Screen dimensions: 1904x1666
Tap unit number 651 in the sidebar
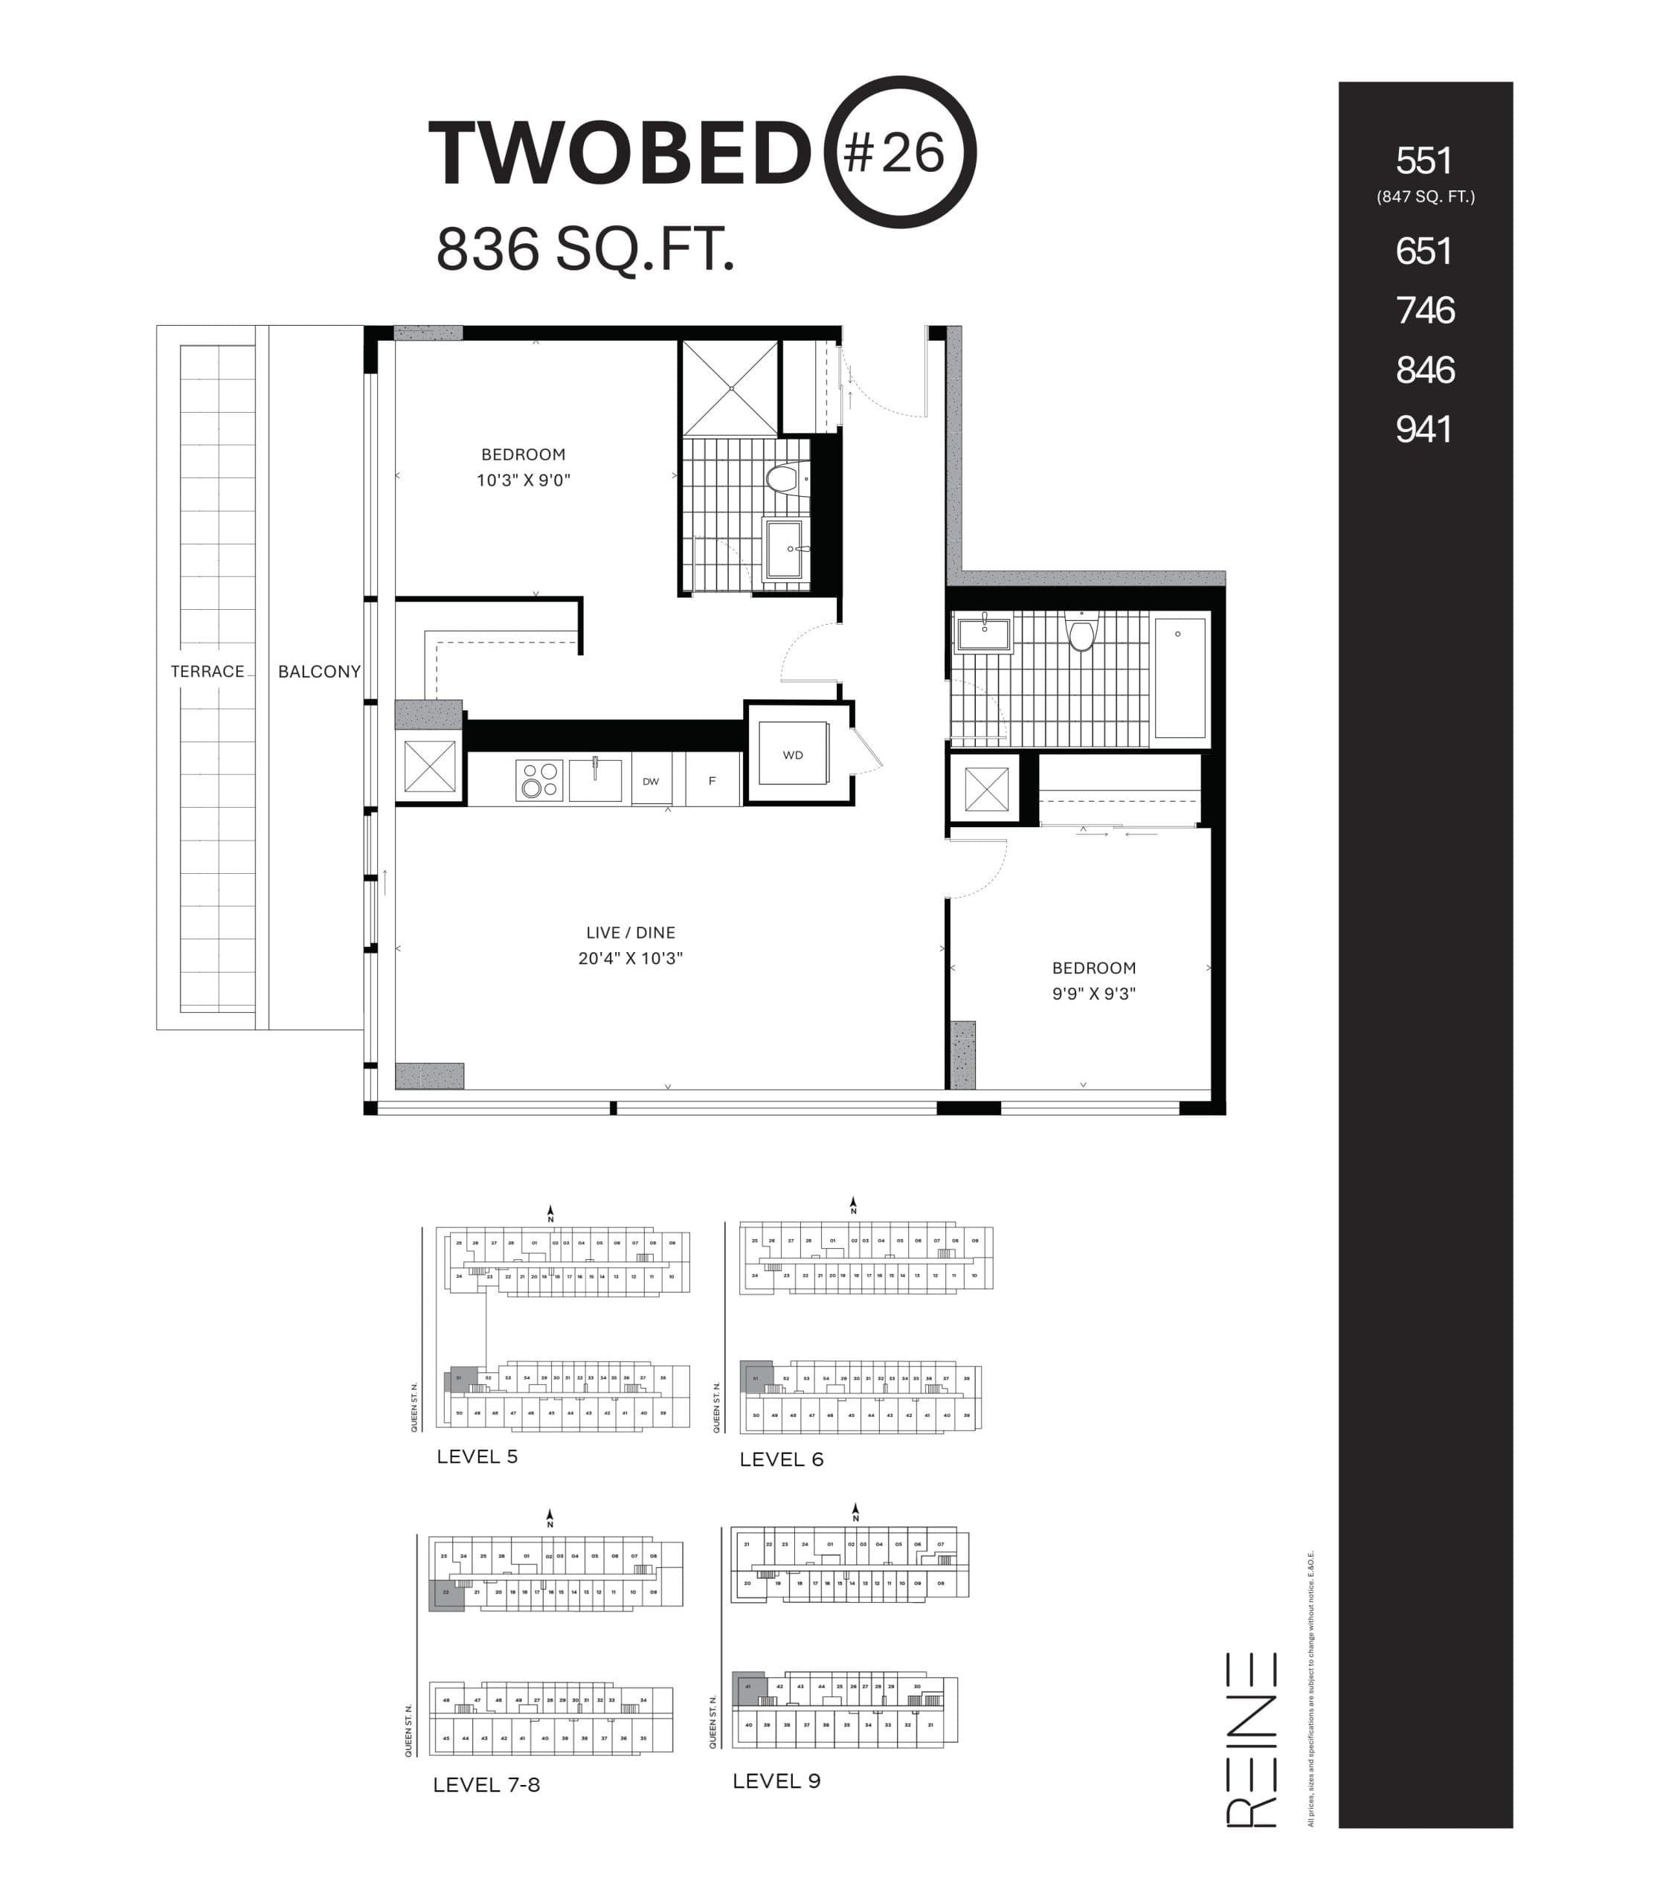pos(1424,251)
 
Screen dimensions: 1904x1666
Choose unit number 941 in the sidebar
pos(1424,430)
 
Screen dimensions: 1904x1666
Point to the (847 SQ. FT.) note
pos(1425,197)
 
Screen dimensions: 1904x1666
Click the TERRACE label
pos(208,671)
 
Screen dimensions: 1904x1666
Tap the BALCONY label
pos(319,671)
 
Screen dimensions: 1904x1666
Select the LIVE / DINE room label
pos(631,933)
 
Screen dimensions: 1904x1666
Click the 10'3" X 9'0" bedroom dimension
pos(524,480)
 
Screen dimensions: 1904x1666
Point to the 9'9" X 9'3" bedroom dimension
pos(1093,994)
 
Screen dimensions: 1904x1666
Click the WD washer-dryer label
pos(793,755)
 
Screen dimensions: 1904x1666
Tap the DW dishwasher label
pos(651,782)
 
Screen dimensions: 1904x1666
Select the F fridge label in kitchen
pos(713,781)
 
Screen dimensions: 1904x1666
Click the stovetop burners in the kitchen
pos(539,780)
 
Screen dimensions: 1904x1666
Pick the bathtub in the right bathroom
pos(1180,677)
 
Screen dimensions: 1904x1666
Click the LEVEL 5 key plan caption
pos(477,1457)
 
